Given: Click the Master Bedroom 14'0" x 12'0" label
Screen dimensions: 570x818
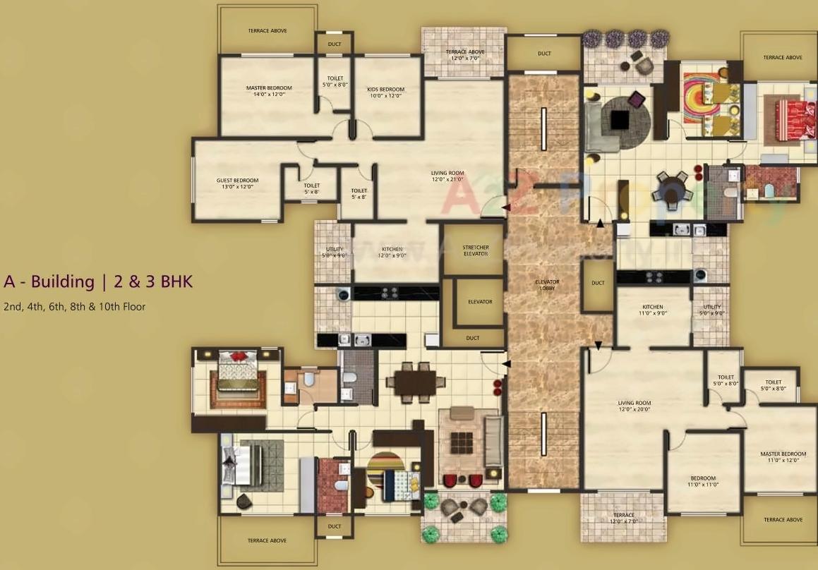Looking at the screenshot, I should [x=269, y=91].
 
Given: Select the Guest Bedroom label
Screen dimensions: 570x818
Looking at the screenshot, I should [x=237, y=183].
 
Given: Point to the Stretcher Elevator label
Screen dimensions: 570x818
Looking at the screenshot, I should [x=476, y=250].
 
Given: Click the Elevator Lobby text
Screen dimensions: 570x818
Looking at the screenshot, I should [x=546, y=286].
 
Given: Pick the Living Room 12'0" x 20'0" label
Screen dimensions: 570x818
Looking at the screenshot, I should [x=634, y=406].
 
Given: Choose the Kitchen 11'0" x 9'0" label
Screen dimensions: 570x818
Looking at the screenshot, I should [x=652, y=310].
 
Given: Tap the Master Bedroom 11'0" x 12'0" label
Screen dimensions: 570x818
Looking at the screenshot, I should [x=783, y=457].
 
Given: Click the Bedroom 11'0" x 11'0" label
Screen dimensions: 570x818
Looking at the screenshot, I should [x=703, y=481].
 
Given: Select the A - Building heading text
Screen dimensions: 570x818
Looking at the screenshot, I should [x=98, y=281].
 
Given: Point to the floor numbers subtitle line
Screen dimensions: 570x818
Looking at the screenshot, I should [x=75, y=306].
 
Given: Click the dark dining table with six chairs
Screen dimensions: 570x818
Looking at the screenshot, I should [x=415, y=382].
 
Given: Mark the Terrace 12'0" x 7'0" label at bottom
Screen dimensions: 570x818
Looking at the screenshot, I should [x=623, y=518].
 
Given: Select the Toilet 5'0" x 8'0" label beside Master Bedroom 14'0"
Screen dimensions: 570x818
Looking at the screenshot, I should [x=335, y=81].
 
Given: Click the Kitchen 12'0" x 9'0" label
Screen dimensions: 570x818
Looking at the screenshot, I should [x=392, y=252].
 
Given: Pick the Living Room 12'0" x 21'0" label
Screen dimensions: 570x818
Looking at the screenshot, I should [x=447, y=176].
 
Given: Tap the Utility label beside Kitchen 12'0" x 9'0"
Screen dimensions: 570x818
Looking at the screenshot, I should [x=334, y=252].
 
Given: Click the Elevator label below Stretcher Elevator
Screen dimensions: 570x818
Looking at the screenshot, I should [x=480, y=302].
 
